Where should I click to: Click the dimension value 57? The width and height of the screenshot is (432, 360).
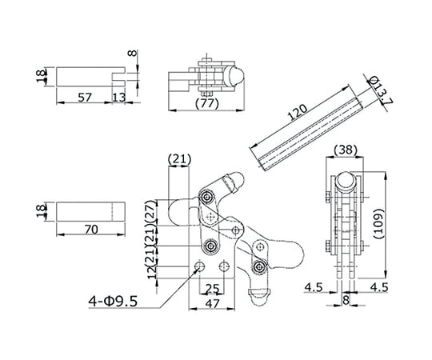tap(85, 98)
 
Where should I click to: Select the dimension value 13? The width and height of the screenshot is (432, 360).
tap(119, 98)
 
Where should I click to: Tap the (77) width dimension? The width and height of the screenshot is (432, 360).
tap(207, 104)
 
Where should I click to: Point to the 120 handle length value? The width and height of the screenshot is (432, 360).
tap(298, 112)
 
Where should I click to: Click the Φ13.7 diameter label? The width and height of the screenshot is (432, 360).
tap(381, 91)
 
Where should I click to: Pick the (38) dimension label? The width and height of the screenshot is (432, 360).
tap(346, 150)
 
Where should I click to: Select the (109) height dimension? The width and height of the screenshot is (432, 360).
tap(379, 224)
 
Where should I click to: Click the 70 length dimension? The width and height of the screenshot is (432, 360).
tap(91, 230)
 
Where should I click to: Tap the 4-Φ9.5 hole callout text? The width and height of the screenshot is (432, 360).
tap(113, 302)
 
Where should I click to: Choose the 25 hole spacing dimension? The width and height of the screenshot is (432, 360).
tap(213, 288)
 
